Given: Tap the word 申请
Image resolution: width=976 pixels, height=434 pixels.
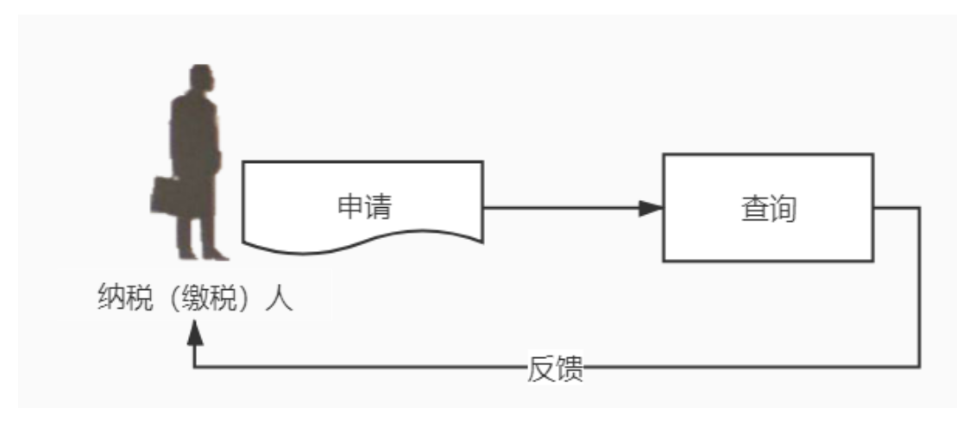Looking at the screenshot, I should (x=362, y=207).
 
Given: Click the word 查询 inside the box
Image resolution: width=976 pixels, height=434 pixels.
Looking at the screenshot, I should (x=767, y=208).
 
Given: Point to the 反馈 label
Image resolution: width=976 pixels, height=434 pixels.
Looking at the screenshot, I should (x=555, y=368).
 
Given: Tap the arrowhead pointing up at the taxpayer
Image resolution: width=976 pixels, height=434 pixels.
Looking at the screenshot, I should (x=197, y=332).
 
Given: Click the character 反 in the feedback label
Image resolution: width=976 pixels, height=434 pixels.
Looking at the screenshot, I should (x=540, y=368).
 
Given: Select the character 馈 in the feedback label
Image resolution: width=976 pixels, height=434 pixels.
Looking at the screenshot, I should (x=570, y=368).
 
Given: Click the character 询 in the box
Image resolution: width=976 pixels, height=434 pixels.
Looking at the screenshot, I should (x=781, y=208).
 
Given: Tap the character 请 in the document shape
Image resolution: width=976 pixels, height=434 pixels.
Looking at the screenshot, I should (x=376, y=207).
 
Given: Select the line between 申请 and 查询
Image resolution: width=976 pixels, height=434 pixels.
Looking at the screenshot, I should (x=561, y=208).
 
